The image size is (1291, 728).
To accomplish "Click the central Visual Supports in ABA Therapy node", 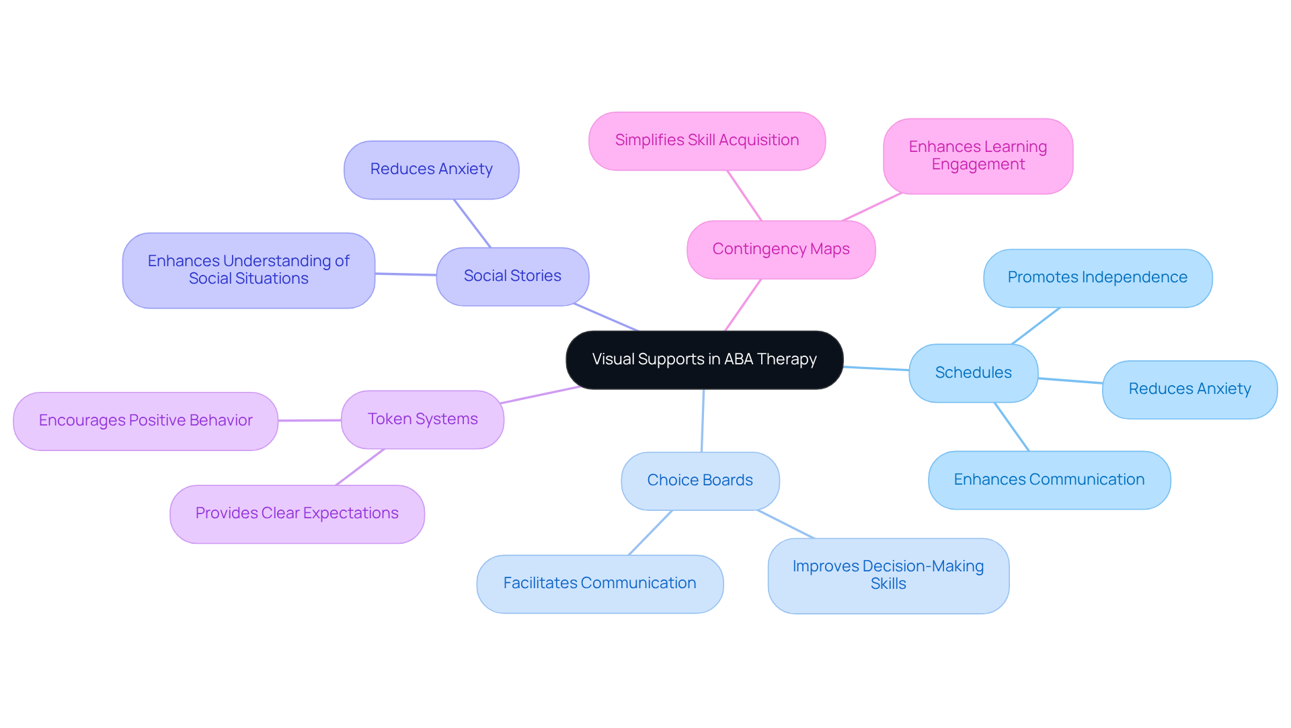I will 704,360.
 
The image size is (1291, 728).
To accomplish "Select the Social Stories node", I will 512,276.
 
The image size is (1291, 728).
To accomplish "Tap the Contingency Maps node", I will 781,249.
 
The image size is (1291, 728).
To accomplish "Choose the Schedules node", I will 973,373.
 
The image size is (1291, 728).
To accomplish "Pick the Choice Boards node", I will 700,481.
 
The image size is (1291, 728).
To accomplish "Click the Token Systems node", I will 422,419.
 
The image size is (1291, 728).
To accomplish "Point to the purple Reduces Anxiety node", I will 431,169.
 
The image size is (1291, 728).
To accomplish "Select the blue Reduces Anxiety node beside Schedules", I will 1189,389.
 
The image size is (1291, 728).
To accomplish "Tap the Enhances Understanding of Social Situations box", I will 248,270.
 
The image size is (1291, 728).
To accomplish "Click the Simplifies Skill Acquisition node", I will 707,140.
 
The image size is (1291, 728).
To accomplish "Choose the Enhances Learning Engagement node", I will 978,156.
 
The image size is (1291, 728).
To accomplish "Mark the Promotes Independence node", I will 1097,278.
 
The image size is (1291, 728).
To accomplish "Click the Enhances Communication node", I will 1049,480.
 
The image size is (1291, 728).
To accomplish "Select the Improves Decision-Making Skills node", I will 888,575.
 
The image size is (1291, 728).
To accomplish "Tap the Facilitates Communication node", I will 600,583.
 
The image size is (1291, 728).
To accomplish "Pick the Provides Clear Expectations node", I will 297,514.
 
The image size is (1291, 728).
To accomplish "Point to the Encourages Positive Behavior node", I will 145,421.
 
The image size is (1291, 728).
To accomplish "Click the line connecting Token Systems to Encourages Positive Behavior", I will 309,420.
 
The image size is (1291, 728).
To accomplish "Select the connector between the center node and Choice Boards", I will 703,420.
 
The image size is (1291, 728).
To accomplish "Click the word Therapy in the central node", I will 787,360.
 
